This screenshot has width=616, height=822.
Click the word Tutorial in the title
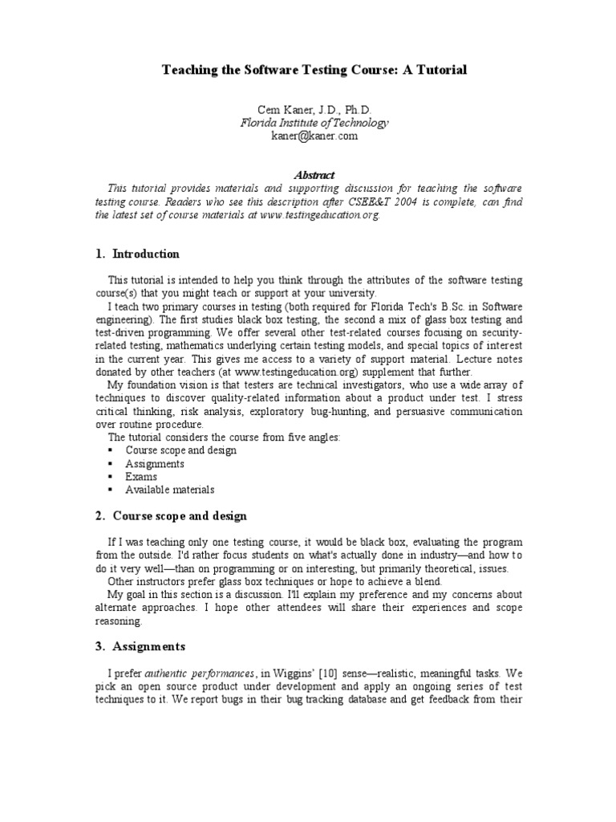(x=440, y=71)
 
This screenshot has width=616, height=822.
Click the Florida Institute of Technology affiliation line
(x=314, y=123)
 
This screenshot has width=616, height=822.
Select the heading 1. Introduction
(x=136, y=254)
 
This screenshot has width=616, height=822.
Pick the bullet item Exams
(x=141, y=476)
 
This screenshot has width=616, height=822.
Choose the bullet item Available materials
(x=169, y=489)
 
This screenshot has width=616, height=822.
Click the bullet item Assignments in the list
(x=155, y=463)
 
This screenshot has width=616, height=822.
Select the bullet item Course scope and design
(x=180, y=450)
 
